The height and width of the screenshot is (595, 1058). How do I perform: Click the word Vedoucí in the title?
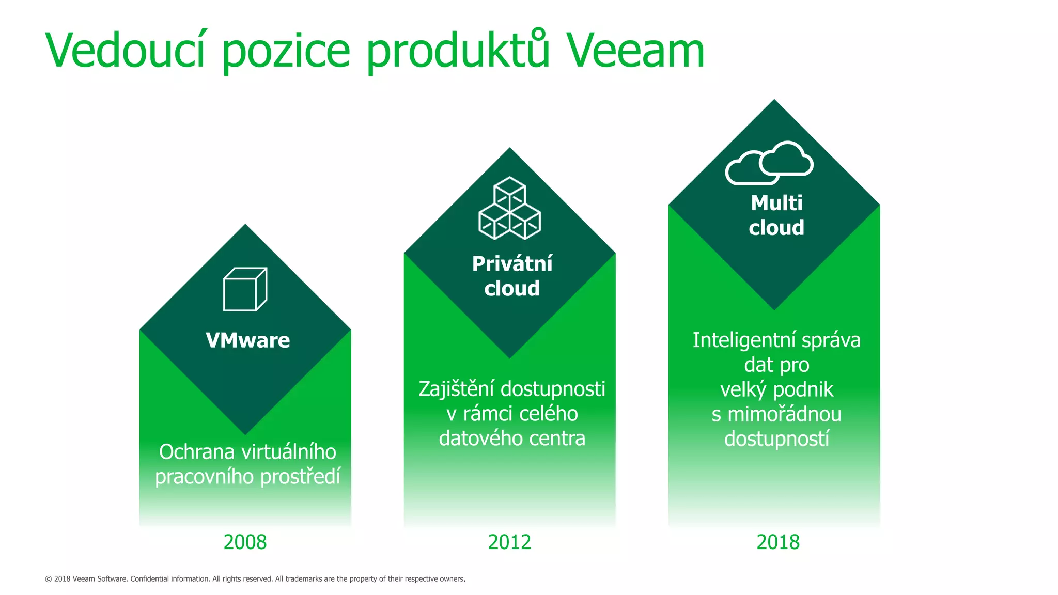point(126,50)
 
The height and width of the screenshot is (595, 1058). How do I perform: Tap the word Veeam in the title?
point(635,51)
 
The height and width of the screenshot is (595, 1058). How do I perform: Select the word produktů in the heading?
point(458,51)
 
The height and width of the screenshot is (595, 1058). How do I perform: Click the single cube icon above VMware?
point(245,289)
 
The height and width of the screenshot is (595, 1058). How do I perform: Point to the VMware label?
point(248,340)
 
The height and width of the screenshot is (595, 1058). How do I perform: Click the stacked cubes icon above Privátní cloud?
point(510,208)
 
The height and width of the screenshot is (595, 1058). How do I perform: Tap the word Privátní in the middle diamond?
point(512,264)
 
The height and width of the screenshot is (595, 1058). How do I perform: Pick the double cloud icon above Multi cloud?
point(769,163)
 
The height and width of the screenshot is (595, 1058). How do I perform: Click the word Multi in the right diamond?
point(776,203)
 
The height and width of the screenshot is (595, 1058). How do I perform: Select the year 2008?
point(245,542)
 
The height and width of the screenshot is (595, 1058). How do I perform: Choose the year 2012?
point(509,542)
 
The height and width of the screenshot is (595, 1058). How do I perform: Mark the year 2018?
point(777,542)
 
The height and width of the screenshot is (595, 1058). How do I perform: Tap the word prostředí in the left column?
point(300,477)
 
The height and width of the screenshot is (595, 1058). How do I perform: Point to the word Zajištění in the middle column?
point(457,389)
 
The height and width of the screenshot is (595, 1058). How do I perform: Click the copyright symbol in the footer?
point(49,579)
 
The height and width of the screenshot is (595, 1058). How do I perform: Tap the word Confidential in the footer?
point(149,579)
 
